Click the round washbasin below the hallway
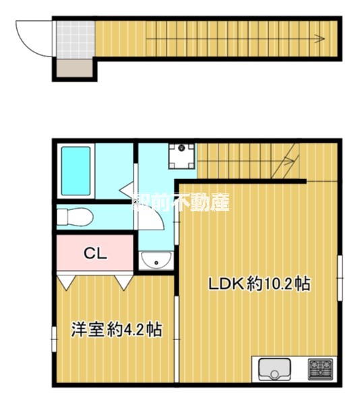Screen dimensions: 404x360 tap(156, 261)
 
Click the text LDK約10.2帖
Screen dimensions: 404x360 tap(259, 285)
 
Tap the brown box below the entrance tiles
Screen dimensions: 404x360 tap(73, 67)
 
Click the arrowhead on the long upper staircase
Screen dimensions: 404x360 tap(314, 39)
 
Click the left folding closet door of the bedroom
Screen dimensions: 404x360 tap(67, 281)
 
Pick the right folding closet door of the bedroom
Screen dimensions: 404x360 tap(123, 281)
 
